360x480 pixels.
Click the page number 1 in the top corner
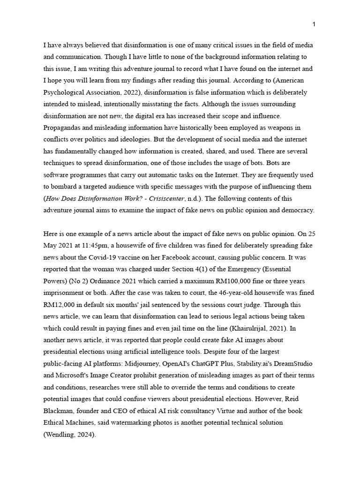tap(314, 24)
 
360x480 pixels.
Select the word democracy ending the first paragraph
tap(297, 210)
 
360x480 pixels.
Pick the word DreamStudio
tap(294, 363)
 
